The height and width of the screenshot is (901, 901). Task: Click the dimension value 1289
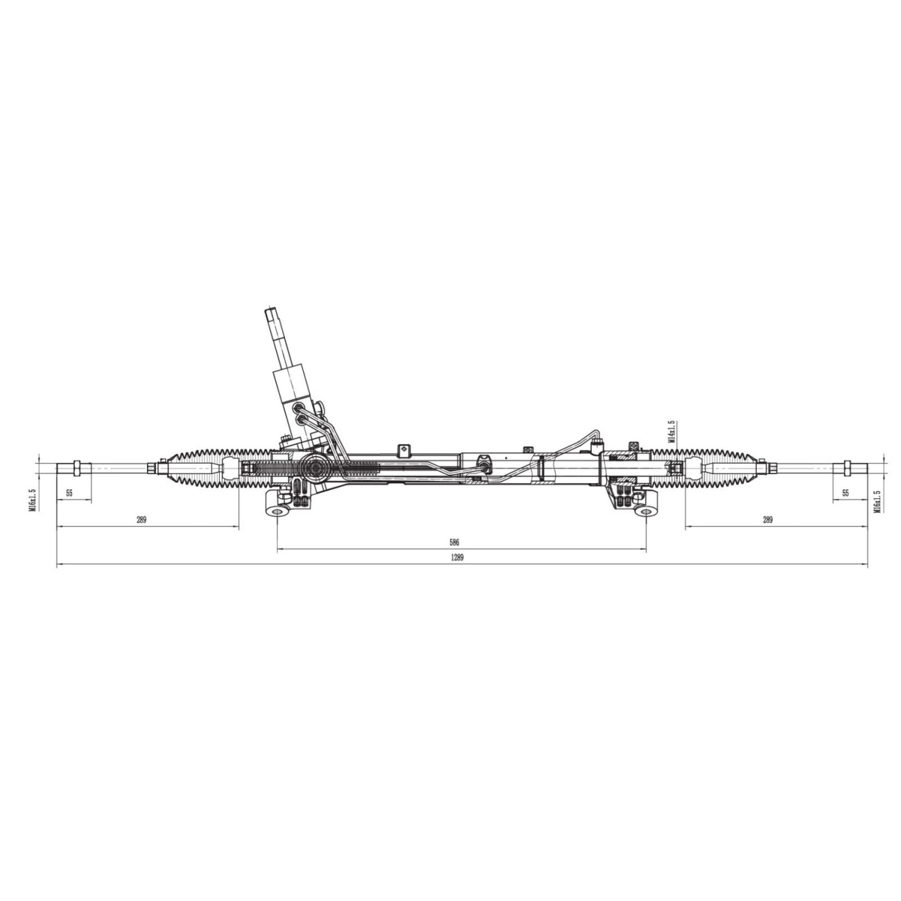pos(457,557)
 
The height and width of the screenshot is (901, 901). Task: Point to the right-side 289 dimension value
pos(768,519)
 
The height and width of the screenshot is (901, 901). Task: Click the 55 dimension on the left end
pos(69,493)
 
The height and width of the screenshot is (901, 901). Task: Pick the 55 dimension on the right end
pos(845,493)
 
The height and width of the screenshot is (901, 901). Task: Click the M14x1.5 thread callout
pos(672,431)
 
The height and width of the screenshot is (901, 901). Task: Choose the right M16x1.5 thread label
pos(877,501)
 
